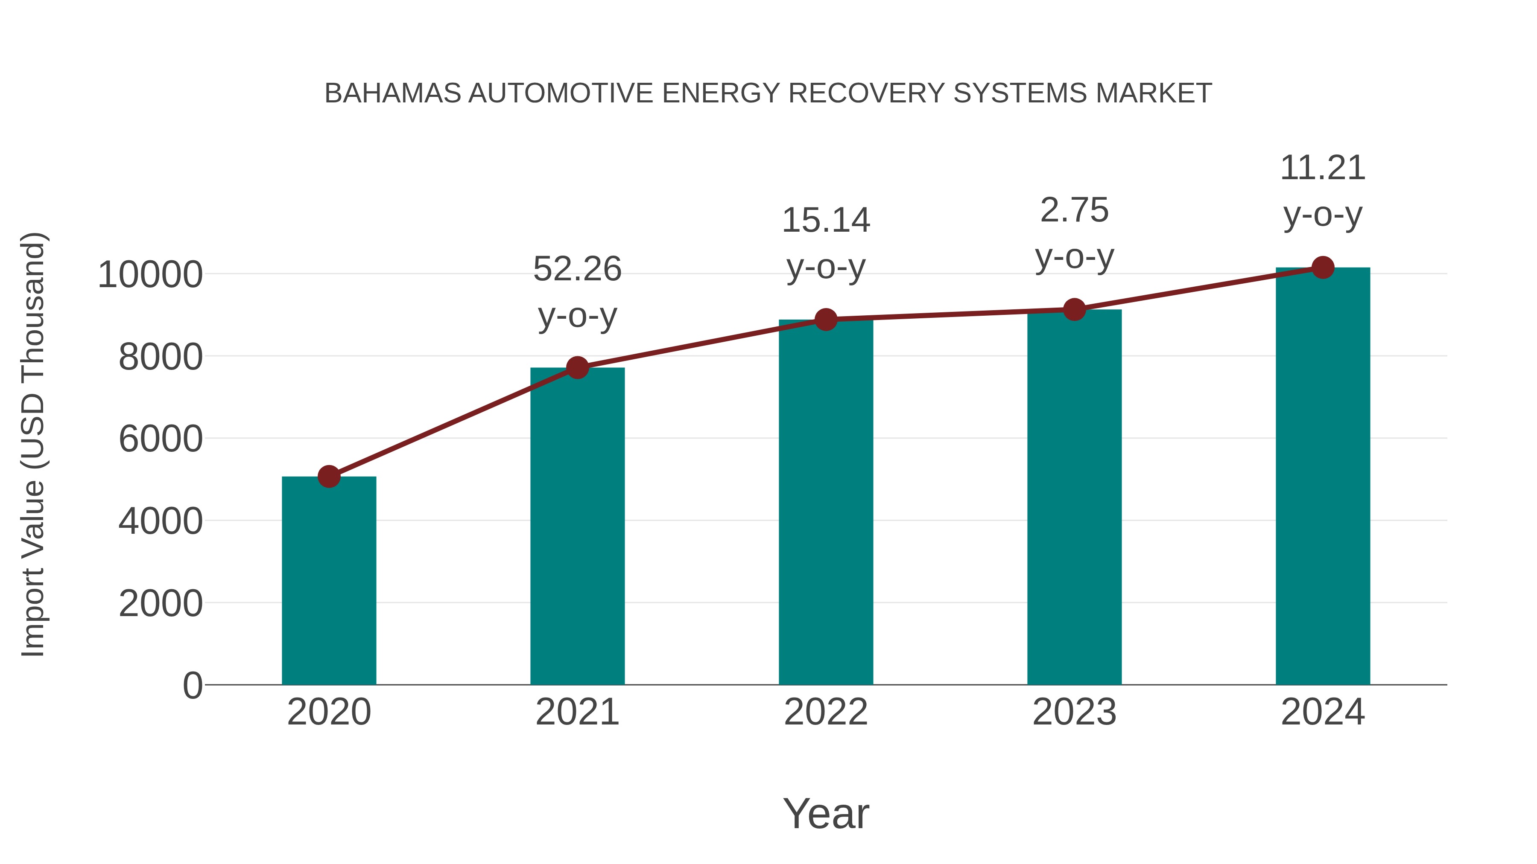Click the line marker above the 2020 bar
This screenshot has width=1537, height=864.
pos(329,477)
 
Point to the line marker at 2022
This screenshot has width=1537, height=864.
pos(826,320)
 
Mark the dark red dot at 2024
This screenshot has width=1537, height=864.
pos(1323,268)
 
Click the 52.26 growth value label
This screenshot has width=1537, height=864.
pos(577,269)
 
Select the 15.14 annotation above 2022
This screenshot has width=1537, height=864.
pos(826,220)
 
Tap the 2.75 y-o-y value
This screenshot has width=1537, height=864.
pos(1074,210)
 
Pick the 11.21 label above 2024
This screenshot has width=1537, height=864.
pos(1323,168)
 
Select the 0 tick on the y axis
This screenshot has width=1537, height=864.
pos(193,685)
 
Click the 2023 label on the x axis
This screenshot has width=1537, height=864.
pos(1074,712)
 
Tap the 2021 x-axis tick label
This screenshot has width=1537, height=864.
pos(577,712)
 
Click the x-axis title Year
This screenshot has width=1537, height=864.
pos(826,813)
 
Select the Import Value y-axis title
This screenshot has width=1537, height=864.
pos(33,444)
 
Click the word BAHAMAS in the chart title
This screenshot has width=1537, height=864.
pos(392,93)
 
